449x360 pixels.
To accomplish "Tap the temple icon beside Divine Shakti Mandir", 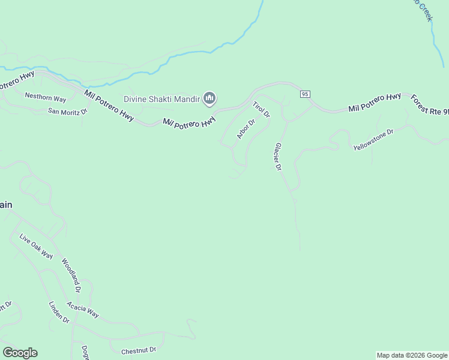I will pos(209,98).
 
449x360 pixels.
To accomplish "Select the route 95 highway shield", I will pos(305,94).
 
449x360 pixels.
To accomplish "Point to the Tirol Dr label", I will pos(261,110).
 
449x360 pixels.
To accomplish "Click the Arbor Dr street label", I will pos(246,129).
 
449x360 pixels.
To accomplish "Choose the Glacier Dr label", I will pos(277,157).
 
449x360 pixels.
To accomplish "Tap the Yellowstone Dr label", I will pos(372,139).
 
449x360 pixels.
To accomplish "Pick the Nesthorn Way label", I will pos(45,97).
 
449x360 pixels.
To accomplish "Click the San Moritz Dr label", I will pos(68,111).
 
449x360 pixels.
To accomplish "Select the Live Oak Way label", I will pos(36,247).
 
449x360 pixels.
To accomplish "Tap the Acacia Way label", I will pos(83,310).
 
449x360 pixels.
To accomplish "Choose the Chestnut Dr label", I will pos(138,350).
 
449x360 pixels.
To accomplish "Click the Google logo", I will pos(20,353).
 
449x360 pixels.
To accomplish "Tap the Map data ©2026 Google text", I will pos(411,355).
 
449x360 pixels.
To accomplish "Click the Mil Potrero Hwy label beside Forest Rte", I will pos(375,104).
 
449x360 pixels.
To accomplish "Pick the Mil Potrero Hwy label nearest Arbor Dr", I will pos(189,122).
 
